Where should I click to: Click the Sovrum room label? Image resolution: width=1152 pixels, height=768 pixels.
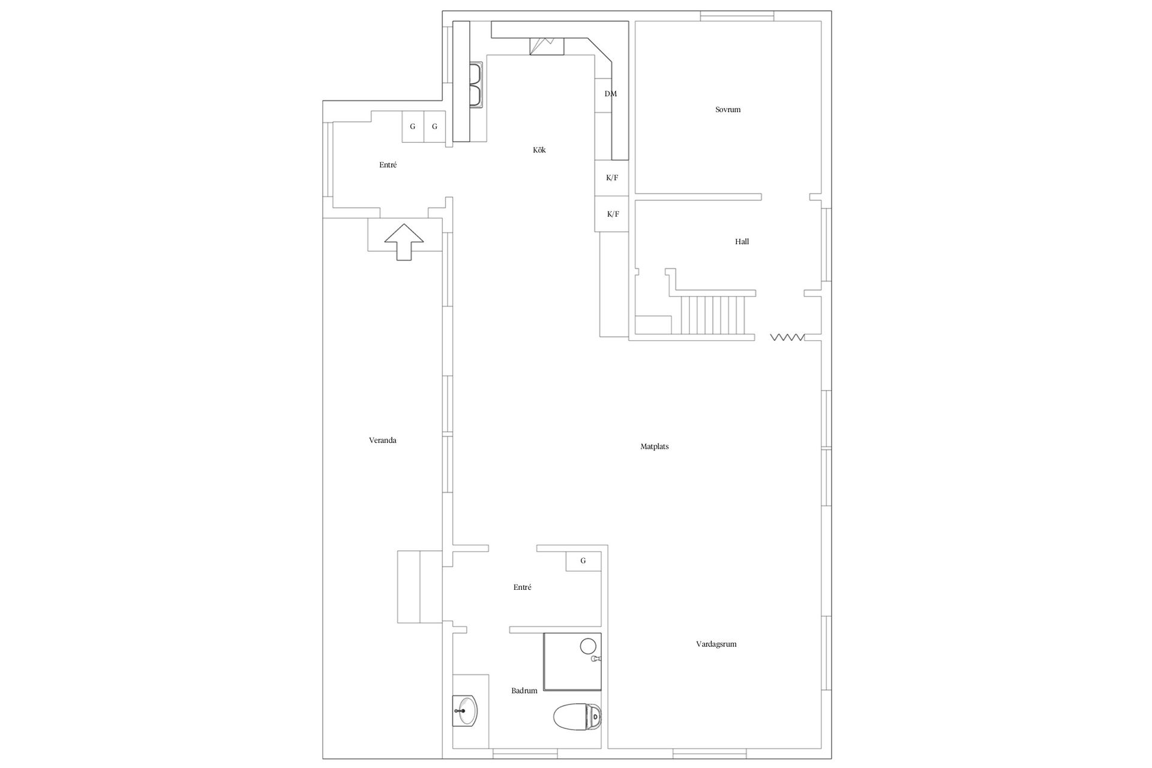click(x=728, y=110)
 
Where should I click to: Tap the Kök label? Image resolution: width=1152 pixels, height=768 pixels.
click(x=539, y=150)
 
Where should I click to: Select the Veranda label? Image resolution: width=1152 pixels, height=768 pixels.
click(x=383, y=440)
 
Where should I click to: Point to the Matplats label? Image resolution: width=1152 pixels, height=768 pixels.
click(x=655, y=446)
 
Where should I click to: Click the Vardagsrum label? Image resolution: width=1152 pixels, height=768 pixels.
click(x=716, y=644)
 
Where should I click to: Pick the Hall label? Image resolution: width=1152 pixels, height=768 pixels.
click(x=742, y=242)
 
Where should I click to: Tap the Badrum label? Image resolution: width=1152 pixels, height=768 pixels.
click(x=524, y=691)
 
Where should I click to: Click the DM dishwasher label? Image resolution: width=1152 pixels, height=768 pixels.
click(x=611, y=94)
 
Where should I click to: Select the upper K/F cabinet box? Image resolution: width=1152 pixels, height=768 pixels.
click(x=612, y=178)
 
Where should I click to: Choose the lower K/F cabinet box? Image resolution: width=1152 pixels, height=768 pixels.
click(x=612, y=214)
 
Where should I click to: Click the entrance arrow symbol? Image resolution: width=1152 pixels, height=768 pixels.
click(x=404, y=242)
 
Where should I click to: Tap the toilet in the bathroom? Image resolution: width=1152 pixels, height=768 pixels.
click(x=577, y=716)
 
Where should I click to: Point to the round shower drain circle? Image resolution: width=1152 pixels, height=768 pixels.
click(x=588, y=646)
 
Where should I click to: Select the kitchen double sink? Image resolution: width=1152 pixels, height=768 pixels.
click(x=476, y=85)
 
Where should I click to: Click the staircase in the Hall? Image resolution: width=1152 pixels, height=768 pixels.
click(x=713, y=314)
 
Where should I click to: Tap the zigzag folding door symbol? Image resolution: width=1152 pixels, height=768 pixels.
click(x=787, y=338)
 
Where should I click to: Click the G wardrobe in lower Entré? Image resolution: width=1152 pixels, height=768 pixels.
click(x=584, y=561)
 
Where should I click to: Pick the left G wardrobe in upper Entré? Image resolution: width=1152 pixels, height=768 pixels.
click(x=413, y=127)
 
